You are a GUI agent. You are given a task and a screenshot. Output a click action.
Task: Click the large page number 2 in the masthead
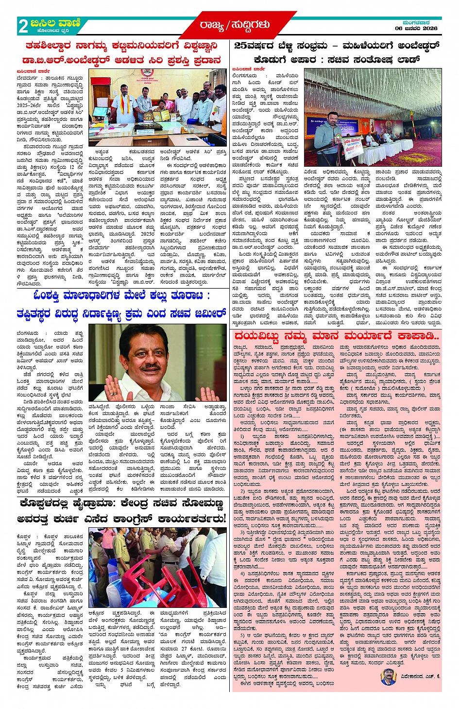[x=23, y=26]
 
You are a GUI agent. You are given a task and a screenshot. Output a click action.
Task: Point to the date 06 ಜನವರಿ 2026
[x=416, y=28]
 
